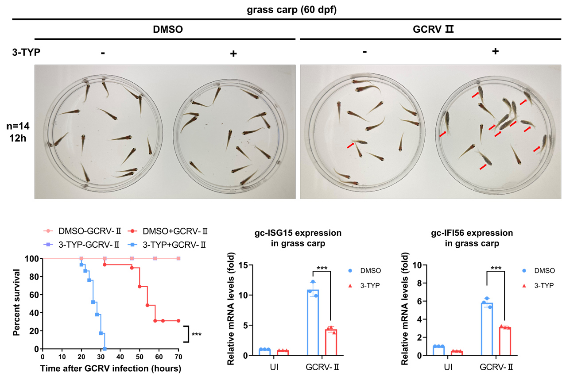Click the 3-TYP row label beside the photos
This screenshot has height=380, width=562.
pos(26,53)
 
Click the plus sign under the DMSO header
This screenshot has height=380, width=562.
pos(233,54)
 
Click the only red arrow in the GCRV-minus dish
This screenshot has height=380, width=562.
pos(351,145)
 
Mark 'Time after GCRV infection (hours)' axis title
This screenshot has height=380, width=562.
pos(110,368)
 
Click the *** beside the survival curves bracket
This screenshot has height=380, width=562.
pos(197,334)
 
